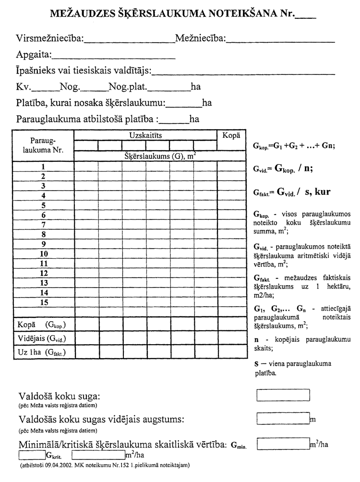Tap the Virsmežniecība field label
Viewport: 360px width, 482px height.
(x=49, y=38)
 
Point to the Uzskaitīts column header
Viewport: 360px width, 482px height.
(x=145, y=135)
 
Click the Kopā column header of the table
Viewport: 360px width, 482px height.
(x=231, y=135)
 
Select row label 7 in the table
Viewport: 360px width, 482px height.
(x=43, y=224)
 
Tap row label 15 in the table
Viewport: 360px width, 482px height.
(x=44, y=302)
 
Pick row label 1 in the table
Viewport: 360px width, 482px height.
(x=43, y=166)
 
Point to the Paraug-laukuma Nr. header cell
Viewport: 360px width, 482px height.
(x=43, y=145)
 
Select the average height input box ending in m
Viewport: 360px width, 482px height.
(x=283, y=419)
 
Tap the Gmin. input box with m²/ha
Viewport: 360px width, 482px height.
(x=283, y=444)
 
